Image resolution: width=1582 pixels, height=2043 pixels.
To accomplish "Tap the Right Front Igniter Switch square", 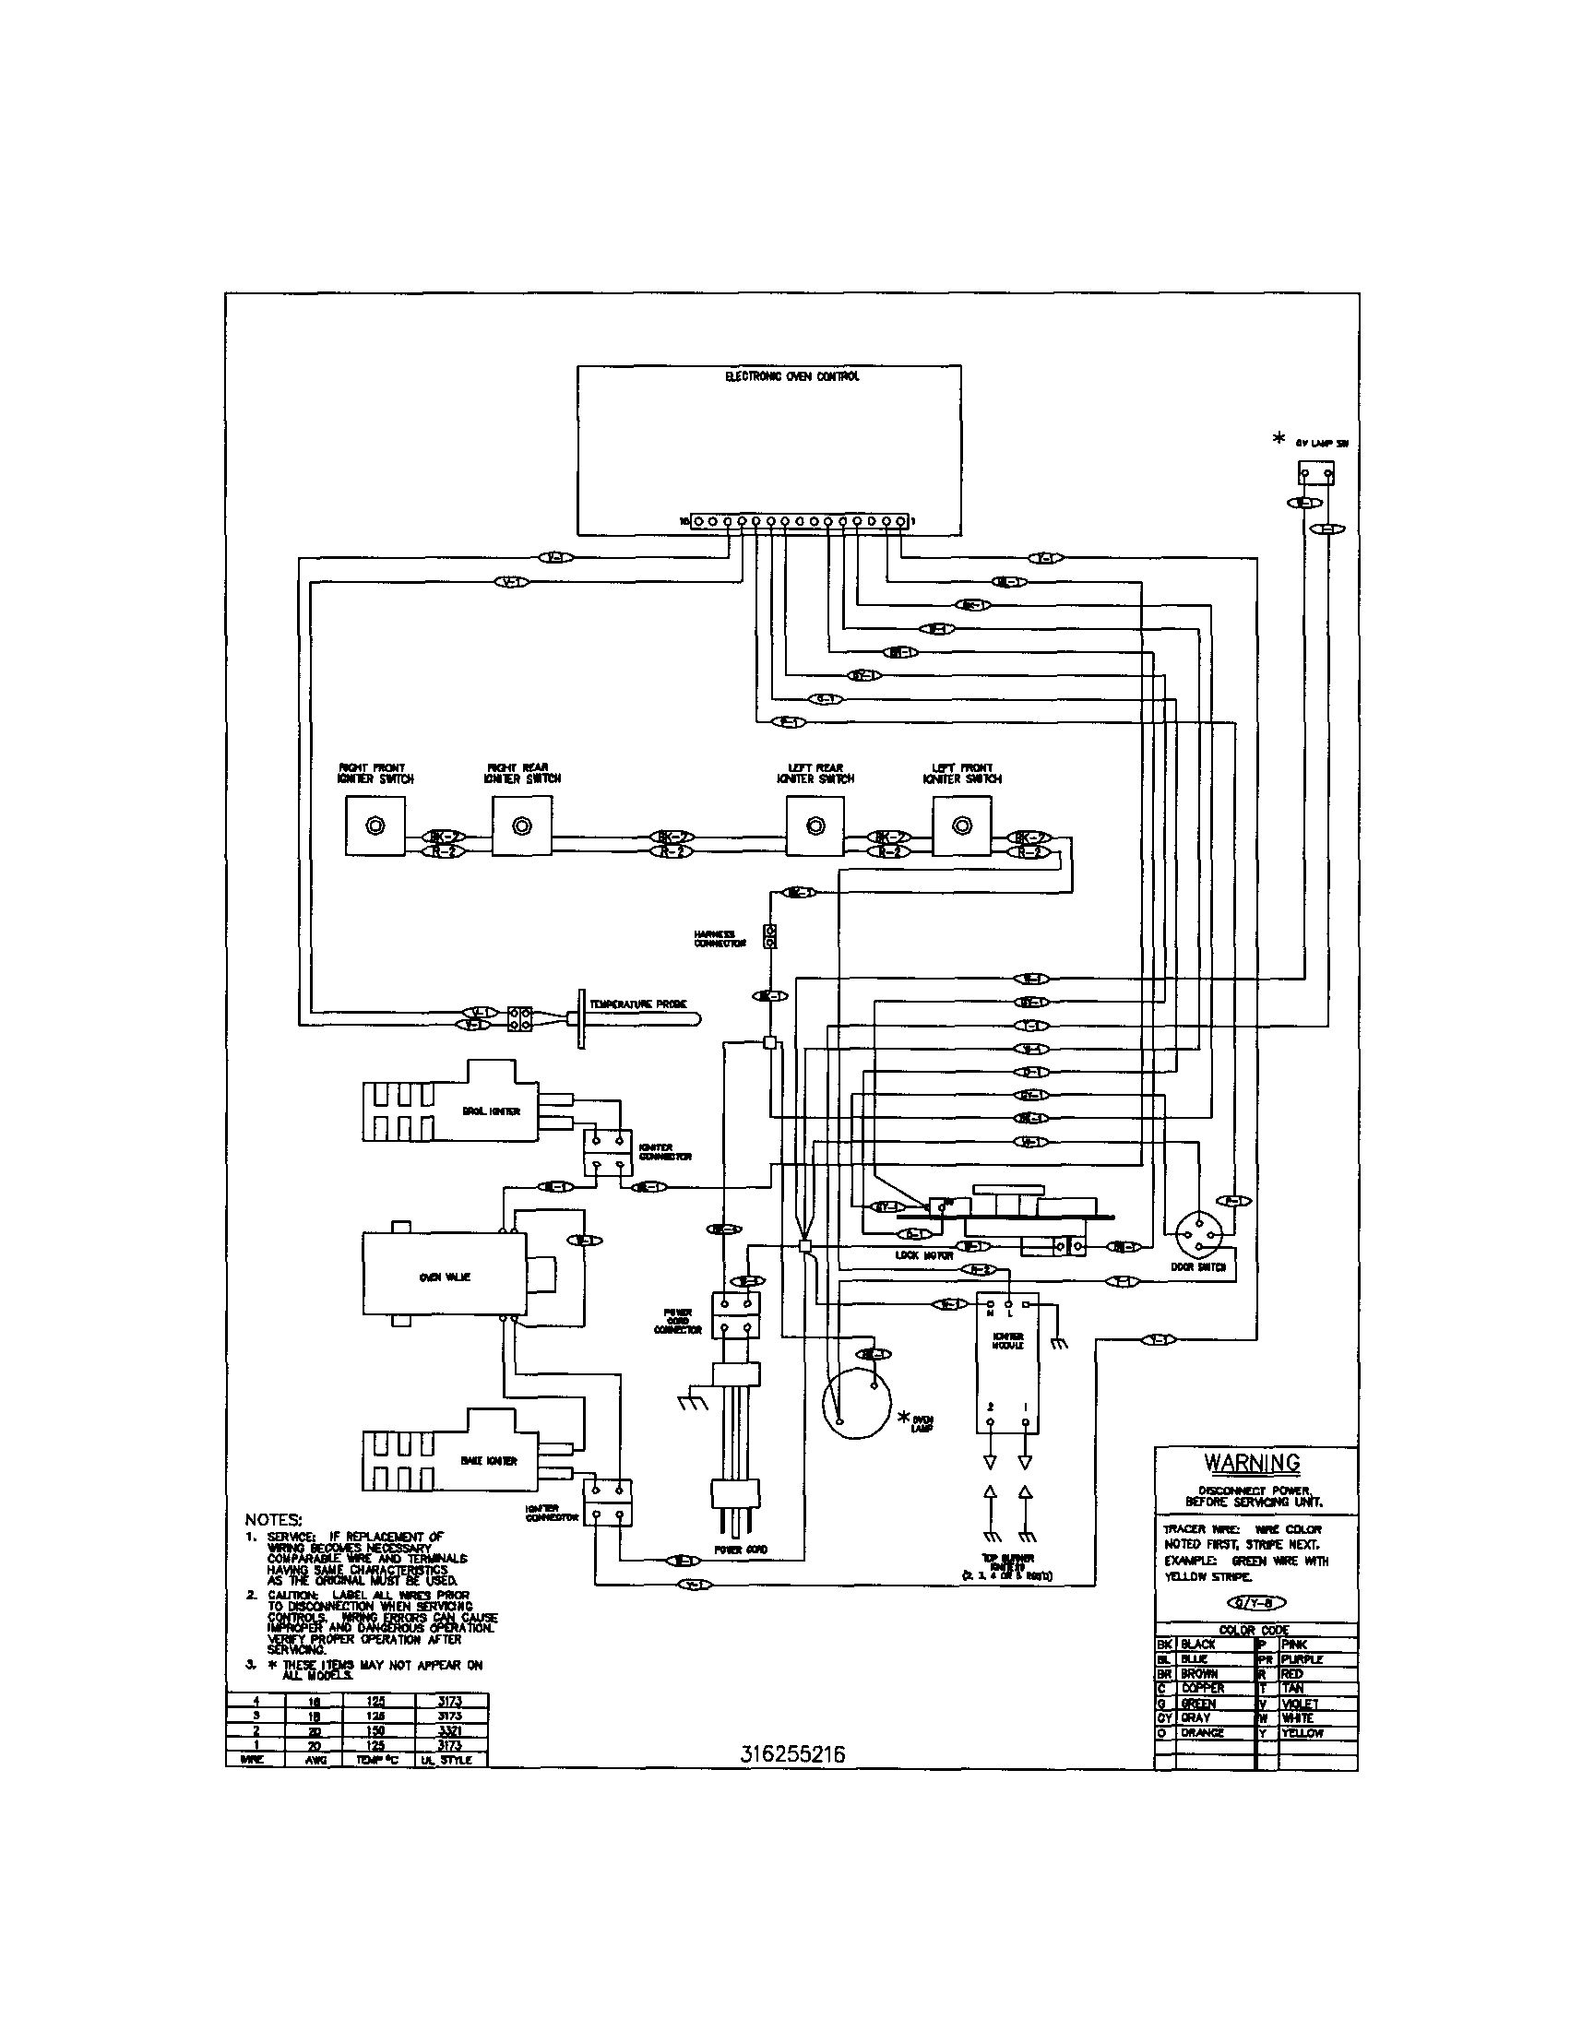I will [375, 826].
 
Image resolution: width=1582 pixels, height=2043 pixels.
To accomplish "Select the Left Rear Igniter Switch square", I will [815, 826].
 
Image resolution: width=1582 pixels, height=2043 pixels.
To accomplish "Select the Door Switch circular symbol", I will [1200, 1237].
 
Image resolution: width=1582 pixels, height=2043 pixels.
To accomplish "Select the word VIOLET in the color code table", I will [1301, 1704].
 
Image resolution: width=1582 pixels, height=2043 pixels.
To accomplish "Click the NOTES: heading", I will [273, 1519].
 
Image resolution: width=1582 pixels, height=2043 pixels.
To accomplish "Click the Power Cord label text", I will [741, 1550].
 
